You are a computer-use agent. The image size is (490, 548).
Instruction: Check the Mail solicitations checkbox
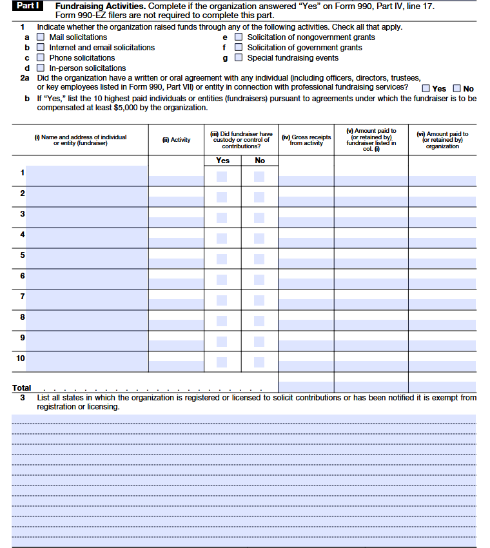click(x=41, y=37)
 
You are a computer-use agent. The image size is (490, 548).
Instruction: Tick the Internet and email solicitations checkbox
click(x=41, y=48)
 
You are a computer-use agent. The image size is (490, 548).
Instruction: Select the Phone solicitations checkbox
click(x=41, y=58)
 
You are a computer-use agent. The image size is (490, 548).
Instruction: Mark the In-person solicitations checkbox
click(x=41, y=68)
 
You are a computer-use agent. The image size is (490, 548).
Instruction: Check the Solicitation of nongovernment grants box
click(x=239, y=37)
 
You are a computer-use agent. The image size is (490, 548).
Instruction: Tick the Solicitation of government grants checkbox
click(x=239, y=48)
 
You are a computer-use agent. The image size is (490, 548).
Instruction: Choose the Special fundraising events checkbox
click(x=239, y=58)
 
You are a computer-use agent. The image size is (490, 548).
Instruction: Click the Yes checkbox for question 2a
click(x=426, y=89)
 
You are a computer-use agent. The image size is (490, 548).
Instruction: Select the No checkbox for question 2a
click(x=457, y=89)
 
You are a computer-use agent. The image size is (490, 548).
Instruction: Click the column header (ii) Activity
click(x=177, y=140)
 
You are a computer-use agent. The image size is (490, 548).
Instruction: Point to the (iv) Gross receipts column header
click(x=306, y=140)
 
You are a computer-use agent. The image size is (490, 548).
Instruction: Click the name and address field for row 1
click(x=86, y=176)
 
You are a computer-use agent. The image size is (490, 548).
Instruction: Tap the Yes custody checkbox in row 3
click(x=222, y=218)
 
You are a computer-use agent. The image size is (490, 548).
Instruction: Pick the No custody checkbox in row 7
click(x=259, y=300)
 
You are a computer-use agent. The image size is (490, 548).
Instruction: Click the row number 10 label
click(x=21, y=358)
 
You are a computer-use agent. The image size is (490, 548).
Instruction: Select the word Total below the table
click(x=21, y=388)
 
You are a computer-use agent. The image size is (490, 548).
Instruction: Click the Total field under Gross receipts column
click(x=306, y=387)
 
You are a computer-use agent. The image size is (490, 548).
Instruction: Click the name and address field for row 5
click(x=86, y=259)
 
